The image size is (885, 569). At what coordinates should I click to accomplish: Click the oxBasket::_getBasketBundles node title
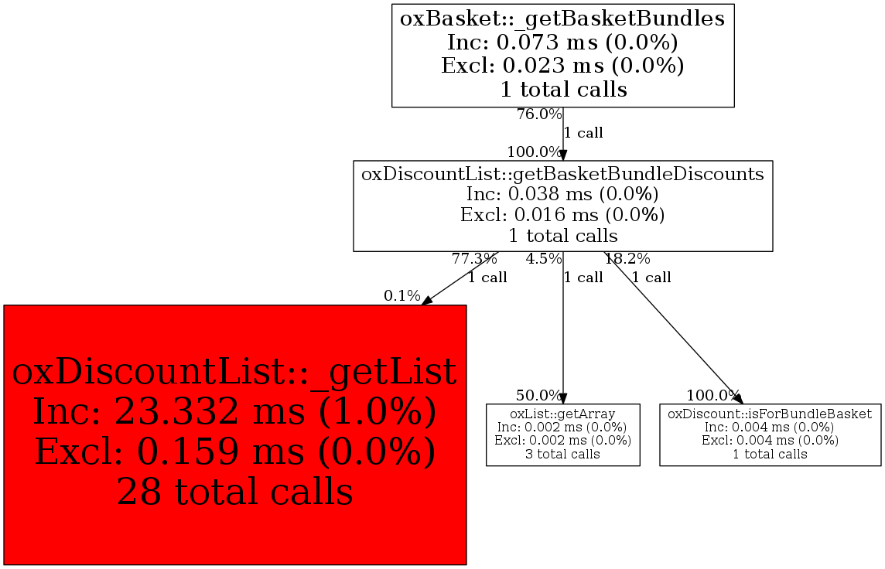click(x=562, y=19)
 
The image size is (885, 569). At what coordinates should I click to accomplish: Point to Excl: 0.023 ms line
click(x=562, y=66)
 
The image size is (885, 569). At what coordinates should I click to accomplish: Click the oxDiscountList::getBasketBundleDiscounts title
click(x=562, y=174)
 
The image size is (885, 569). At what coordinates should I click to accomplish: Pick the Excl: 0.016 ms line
click(x=562, y=215)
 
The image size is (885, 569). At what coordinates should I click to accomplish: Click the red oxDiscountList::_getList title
click(x=234, y=372)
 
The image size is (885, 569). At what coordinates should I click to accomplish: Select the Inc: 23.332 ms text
click(x=169, y=411)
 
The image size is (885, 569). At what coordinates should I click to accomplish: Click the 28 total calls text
click(x=235, y=491)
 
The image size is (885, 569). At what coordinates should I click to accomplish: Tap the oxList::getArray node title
click(x=562, y=414)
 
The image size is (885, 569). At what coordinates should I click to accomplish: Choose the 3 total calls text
click(x=562, y=455)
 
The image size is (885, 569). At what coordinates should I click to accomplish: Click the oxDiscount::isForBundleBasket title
click(x=770, y=414)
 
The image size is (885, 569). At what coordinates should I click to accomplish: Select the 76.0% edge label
click(x=539, y=114)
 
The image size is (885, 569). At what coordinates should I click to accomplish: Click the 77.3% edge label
click(x=474, y=260)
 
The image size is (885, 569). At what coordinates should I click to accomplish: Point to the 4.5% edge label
click(x=544, y=260)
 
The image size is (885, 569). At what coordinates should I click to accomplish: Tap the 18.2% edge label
click(x=627, y=260)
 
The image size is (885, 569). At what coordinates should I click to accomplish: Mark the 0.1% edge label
click(x=401, y=296)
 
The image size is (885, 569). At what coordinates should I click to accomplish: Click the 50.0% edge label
click(x=538, y=395)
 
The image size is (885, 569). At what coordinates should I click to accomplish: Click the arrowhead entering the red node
click(x=427, y=301)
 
